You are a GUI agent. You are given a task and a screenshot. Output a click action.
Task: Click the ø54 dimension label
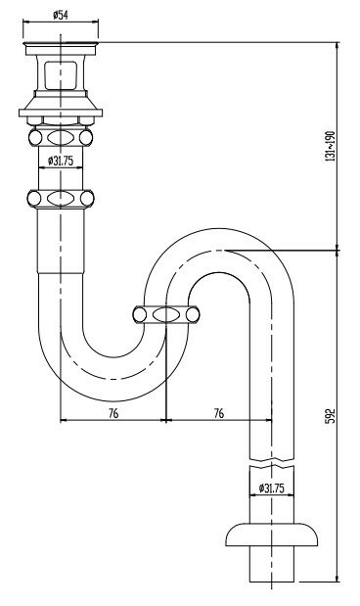(x=61, y=15)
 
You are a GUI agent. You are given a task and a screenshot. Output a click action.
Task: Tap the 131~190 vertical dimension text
(x=331, y=146)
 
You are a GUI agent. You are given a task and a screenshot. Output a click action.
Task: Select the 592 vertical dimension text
(x=331, y=415)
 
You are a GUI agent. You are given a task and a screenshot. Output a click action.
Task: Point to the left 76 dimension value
(x=113, y=413)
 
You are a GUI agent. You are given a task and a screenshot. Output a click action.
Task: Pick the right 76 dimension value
(x=218, y=413)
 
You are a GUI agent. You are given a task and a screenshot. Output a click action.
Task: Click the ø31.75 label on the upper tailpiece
(x=61, y=161)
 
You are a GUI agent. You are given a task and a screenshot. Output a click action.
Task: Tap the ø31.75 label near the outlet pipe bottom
(x=272, y=489)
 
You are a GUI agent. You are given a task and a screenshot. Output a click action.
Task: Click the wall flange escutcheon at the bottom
(x=272, y=535)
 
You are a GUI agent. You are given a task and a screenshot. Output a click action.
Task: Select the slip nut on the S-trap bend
(x=166, y=314)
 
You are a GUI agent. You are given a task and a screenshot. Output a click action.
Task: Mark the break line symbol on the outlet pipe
(x=272, y=463)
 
